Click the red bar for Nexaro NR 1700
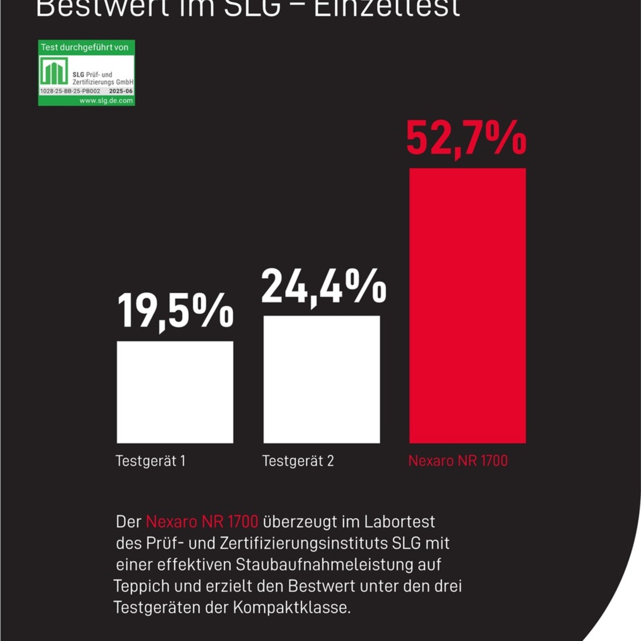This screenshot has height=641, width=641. [467, 305]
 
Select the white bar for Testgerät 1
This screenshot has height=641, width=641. [175, 392]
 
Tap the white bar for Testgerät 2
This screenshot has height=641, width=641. [322, 379]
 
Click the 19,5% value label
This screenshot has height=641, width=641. [175, 311]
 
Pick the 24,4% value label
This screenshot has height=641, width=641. [323, 287]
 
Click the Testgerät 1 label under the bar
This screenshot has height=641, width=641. [151, 461]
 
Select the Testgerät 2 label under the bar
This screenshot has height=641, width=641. [298, 461]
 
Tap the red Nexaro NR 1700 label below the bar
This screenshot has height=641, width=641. [458, 461]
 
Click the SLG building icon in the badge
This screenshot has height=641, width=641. [54, 71]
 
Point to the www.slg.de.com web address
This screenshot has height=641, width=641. [106, 100]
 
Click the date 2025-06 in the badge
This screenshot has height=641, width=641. [121, 91]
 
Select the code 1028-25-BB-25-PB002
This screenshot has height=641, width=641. [70, 91]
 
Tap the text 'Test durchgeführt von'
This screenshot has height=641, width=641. [84, 48]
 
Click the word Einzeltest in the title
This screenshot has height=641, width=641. [387, 8]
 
